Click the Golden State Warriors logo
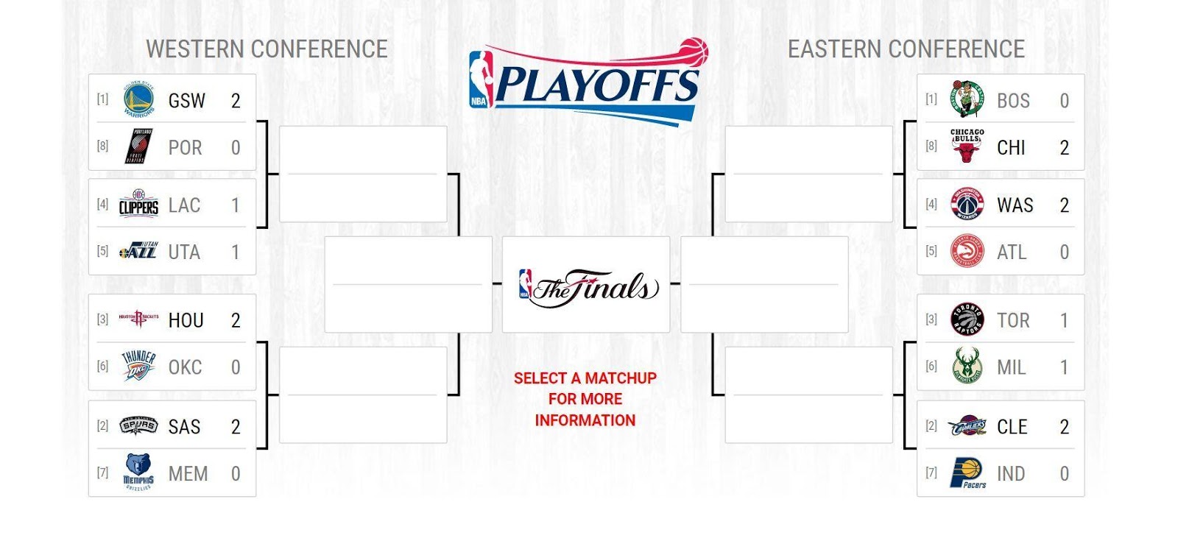point(138,100)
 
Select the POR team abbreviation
point(185,148)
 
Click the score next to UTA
point(236,252)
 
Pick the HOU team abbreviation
point(186,320)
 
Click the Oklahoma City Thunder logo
point(138,367)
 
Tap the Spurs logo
point(138,426)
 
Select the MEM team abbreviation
point(188,474)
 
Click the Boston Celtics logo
point(967,100)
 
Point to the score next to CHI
point(1064,148)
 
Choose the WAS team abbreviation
point(1015,205)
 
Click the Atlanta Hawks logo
point(967,252)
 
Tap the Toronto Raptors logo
point(967,320)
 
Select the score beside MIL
point(1064,367)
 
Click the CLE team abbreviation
point(1012,427)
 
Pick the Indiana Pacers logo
point(967,473)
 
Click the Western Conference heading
point(267,49)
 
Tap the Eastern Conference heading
point(906,49)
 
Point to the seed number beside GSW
point(102,99)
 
